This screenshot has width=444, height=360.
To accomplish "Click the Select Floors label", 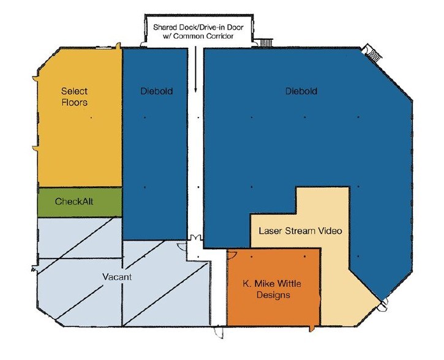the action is [x=75, y=97].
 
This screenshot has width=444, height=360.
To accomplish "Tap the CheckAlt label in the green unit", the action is [x=74, y=201].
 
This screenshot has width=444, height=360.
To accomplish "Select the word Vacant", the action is [x=117, y=277].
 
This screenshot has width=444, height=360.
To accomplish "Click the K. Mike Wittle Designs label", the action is [x=272, y=289].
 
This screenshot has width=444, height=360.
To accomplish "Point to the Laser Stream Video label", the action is [x=301, y=231].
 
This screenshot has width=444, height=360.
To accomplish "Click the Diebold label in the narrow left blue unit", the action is [x=157, y=91].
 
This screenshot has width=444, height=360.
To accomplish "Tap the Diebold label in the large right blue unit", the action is [x=301, y=91].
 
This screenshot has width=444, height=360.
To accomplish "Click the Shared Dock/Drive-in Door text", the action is [x=198, y=27].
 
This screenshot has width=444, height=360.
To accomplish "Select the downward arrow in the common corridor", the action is [x=195, y=69].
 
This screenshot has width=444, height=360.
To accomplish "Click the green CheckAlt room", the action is [x=80, y=202].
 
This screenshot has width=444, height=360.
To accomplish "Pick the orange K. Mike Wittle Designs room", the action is [x=274, y=288].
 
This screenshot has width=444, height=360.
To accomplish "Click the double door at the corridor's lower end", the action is [x=195, y=238].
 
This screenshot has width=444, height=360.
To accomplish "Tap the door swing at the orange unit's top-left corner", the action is [x=232, y=255].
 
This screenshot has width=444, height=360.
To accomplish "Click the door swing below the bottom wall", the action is [x=219, y=332].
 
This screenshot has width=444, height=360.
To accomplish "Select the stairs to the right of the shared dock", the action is [x=266, y=42].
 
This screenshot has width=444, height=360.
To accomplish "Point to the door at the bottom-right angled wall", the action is [x=383, y=306].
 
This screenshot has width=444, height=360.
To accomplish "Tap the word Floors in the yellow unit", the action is [x=75, y=102].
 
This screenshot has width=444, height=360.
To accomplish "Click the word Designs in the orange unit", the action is [x=273, y=295].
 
